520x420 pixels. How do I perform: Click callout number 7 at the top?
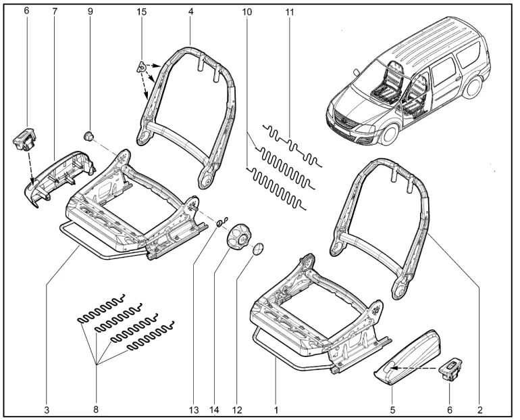click(55, 12)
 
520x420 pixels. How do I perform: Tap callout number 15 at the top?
click(141, 12)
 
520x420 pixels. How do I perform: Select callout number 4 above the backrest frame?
click(191, 12)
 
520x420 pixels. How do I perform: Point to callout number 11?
click(290, 12)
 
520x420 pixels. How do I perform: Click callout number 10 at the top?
click(246, 12)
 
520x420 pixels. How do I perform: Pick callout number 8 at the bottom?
click(96, 409)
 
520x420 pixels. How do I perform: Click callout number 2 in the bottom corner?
click(480, 409)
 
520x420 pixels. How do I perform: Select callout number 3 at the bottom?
click(47, 409)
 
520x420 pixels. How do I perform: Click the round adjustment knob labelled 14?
click(238, 238)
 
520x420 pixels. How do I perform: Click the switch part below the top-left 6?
click(25, 141)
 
